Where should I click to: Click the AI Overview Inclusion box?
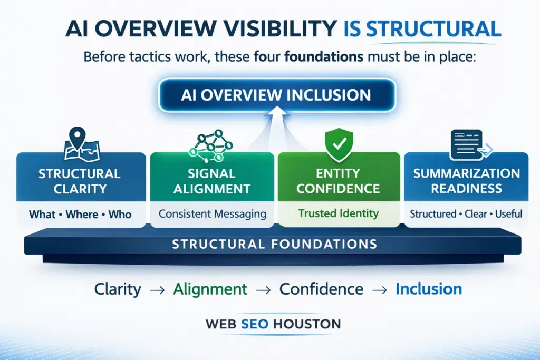(x=276, y=95)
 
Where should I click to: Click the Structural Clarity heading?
(x=79, y=181)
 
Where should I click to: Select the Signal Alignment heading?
(x=212, y=181)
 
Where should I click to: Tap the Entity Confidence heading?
(x=338, y=181)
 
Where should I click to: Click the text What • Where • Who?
(x=79, y=215)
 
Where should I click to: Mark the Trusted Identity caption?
(x=338, y=213)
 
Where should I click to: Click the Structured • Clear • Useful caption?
(x=467, y=214)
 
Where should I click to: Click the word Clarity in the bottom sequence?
(x=118, y=289)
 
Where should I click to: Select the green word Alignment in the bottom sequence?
(x=211, y=289)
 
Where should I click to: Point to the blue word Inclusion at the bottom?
(x=428, y=289)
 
